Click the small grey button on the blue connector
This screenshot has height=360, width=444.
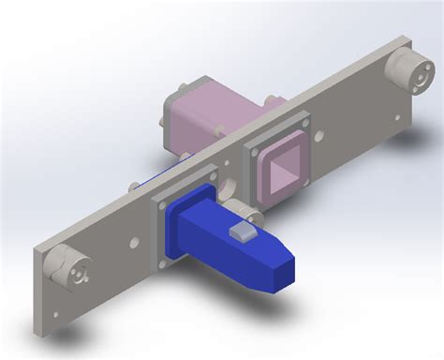pyautogui.click(x=242, y=231)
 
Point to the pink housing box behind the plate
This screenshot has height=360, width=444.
pyautogui.click(x=201, y=112)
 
